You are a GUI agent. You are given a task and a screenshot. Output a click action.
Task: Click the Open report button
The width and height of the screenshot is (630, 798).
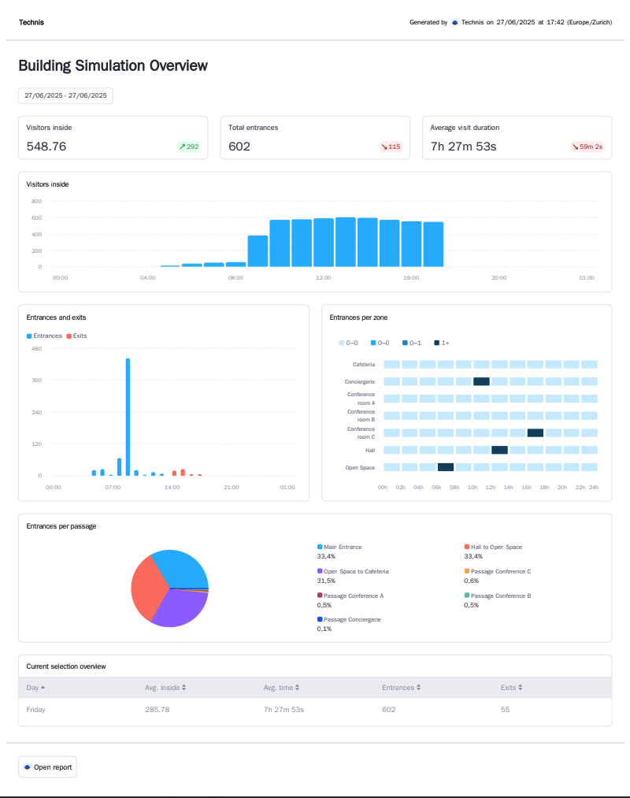pyautogui.click(x=47, y=766)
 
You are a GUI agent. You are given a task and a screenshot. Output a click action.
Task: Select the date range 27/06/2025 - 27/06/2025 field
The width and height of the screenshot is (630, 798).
pyautogui.click(x=65, y=95)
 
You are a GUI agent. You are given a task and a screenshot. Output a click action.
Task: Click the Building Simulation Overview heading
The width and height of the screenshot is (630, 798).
pyautogui.click(x=113, y=65)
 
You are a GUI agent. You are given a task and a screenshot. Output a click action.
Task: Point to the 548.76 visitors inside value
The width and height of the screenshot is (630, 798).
pyautogui.click(x=46, y=147)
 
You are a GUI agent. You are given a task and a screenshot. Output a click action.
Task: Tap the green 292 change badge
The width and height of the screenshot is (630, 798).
pyautogui.click(x=189, y=147)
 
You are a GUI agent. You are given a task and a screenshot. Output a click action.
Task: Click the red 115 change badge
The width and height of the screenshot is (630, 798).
pyautogui.click(x=391, y=147)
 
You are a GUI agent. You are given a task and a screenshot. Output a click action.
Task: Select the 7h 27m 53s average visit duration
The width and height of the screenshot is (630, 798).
pyautogui.click(x=463, y=147)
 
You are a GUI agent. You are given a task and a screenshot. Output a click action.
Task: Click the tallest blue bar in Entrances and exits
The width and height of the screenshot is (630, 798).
pyautogui.click(x=128, y=418)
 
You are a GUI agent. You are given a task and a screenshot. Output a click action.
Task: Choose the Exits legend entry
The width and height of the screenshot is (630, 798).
pyautogui.click(x=76, y=336)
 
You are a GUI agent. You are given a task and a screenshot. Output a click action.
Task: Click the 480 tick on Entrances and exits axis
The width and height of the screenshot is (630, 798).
pyautogui.click(x=36, y=349)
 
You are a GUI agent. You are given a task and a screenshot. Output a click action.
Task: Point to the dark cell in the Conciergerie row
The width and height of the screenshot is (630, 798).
pyautogui.click(x=481, y=381)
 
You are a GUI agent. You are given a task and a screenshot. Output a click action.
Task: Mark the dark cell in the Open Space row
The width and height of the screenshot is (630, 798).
pyautogui.click(x=446, y=467)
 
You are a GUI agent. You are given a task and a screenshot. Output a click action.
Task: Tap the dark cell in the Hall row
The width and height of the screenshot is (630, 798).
pyautogui.click(x=499, y=450)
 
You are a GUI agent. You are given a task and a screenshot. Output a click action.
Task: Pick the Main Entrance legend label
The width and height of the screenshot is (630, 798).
pyautogui.click(x=343, y=547)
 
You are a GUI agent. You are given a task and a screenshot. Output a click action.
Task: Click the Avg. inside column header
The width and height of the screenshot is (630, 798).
pyautogui.click(x=164, y=687)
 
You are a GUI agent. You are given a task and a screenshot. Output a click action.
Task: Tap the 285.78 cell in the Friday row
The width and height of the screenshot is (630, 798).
pyautogui.click(x=157, y=710)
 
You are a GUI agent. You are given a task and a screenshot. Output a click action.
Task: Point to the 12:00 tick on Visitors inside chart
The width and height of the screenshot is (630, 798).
pyautogui.click(x=323, y=277)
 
